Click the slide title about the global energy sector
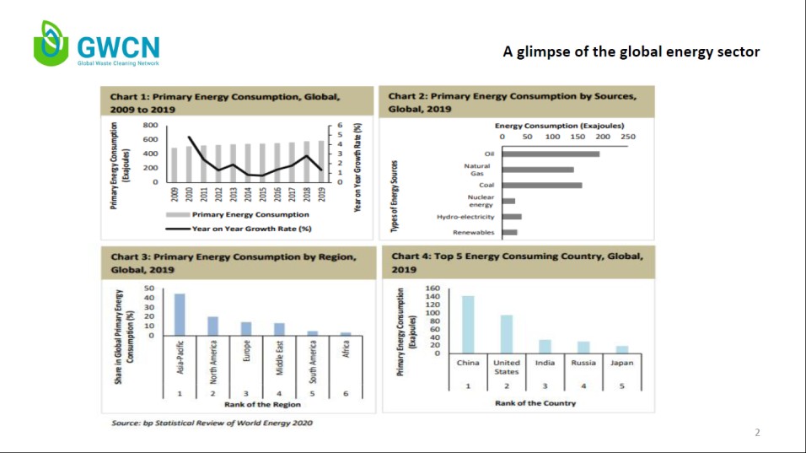pos(631,52)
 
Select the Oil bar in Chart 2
pos(551,154)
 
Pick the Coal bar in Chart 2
pos(542,185)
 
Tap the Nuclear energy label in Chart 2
pos(481,201)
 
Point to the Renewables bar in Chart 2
pos(509,232)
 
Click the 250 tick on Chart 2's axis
pos(627,136)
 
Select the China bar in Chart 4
pos(468,325)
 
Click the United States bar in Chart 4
pos(507,334)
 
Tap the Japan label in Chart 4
pos(622,363)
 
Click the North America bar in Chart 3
pos(212,326)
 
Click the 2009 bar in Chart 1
pos(174,165)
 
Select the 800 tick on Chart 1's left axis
pos(151,125)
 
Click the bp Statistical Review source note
pos(212,423)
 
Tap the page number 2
pos(757,433)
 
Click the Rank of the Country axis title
pos(535,403)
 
